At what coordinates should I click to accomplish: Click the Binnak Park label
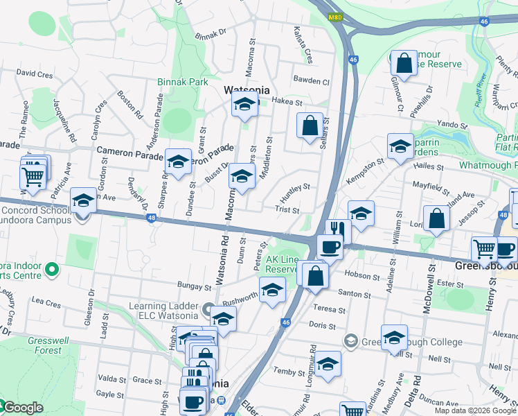[183, 82]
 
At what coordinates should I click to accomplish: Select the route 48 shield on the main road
[152, 218]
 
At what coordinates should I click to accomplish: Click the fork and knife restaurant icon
[337, 230]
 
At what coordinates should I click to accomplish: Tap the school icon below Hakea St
[244, 105]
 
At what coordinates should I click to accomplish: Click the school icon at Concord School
[83, 201]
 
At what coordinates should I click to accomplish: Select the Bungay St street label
[193, 286]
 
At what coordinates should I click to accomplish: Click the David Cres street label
[35, 73]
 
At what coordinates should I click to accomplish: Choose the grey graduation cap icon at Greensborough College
[350, 341]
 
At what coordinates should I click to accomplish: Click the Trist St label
[287, 209]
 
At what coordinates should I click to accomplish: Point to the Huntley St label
[295, 187]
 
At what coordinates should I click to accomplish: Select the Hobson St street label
[359, 275]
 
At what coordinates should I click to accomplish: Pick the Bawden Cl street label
[311, 80]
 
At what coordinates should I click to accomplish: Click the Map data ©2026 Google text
[475, 410]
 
